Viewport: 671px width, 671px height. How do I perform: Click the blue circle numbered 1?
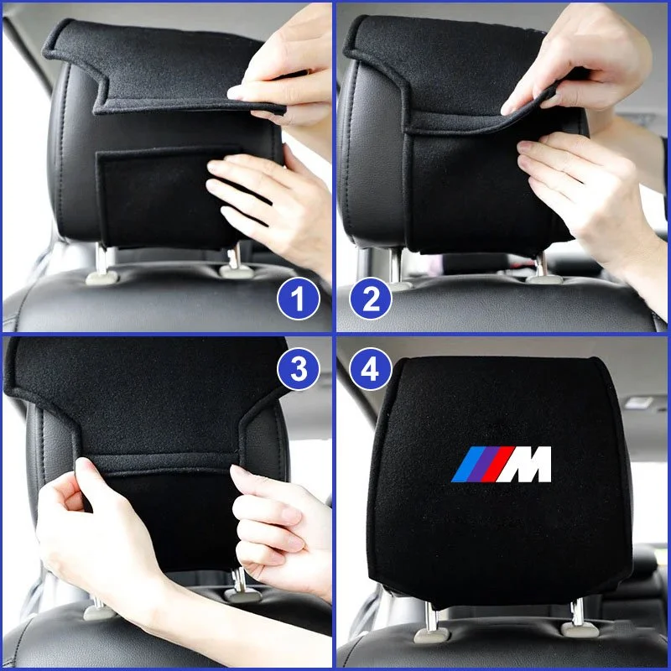(299, 299)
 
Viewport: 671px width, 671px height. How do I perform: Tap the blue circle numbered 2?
(371, 299)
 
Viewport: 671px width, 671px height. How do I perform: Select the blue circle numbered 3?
(299, 369)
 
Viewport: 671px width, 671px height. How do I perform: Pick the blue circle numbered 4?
(371, 369)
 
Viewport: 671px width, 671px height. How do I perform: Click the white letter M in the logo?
(523, 465)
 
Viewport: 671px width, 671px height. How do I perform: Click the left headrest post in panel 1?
(101, 261)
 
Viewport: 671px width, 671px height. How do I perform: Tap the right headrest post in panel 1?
(234, 257)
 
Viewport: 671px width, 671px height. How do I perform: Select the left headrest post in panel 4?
(431, 616)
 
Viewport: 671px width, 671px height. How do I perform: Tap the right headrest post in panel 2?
(541, 264)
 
